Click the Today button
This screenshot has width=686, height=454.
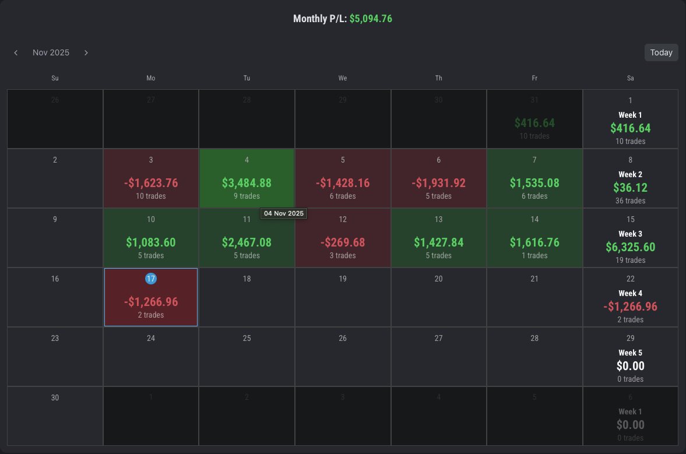tap(661, 52)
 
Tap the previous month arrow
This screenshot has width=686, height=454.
tap(16, 52)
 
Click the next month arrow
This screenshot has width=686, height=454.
tap(86, 52)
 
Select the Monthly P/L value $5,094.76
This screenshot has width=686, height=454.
tap(371, 19)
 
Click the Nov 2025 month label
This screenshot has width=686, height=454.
tap(51, 52)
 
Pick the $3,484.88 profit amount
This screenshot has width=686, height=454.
tap(247, 183)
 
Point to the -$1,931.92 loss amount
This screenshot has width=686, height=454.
tap(438, 183)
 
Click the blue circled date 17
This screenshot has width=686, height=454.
tap(151, 279)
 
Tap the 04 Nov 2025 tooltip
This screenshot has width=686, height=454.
tap(283, 214)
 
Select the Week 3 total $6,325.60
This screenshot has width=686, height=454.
tap(630, 247)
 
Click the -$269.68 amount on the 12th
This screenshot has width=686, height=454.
tap(342, 242)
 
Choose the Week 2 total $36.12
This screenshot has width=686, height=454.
tap(630, 188)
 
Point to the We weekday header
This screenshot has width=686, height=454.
tap(343, 78)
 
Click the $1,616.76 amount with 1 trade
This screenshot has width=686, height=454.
tap(534, 242)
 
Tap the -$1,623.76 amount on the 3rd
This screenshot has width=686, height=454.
tap(151, 183)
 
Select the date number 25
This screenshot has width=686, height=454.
tap(247, 338)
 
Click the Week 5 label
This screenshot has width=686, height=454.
tap(630, 353)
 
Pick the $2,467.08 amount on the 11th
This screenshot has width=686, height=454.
tap(247, 242)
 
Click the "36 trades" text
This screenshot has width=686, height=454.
tap(630, 200)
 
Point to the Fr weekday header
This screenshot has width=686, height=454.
tap(534, 78)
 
